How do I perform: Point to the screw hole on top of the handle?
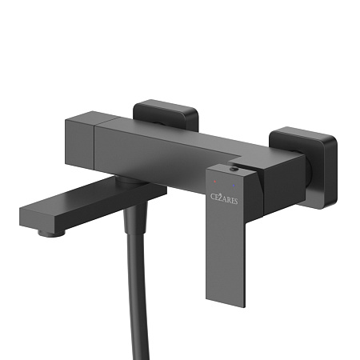[x=234, y=170]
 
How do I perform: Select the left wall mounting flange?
[x=166, y=114]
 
